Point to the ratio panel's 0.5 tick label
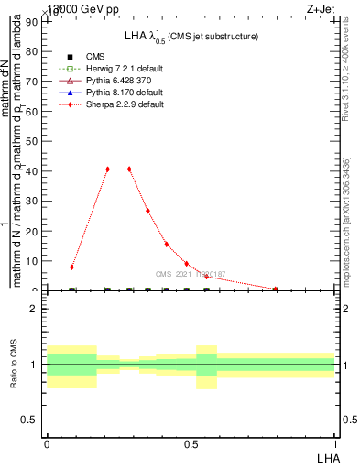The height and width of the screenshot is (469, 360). (30, 420)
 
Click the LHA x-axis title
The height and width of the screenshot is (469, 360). (326, 456)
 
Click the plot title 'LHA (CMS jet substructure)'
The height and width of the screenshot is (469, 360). (191, 36)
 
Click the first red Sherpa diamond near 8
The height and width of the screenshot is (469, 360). (71, 267)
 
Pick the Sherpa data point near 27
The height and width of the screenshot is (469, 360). (147, 211)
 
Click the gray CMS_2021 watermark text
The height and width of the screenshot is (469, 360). (191, 274)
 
